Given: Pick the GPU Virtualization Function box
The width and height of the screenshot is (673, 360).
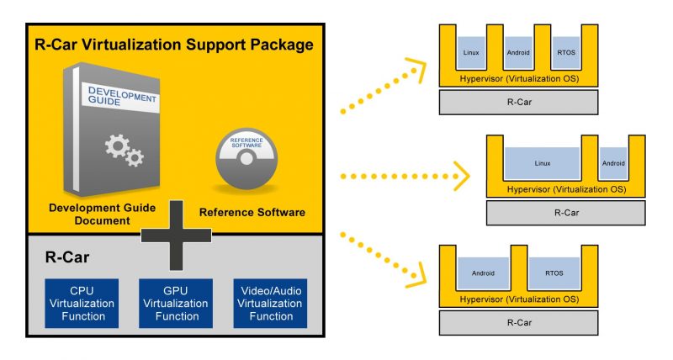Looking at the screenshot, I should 174,304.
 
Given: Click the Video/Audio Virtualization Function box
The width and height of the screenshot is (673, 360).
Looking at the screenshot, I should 270,304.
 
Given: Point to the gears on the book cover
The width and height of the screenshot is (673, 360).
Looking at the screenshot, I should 123,151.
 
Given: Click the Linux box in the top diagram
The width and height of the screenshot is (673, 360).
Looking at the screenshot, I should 471,52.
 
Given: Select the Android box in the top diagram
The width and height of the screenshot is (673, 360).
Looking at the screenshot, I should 518,52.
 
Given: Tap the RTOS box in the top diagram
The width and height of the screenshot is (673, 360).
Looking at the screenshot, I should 564,52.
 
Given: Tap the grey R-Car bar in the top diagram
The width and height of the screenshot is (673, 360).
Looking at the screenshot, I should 518,102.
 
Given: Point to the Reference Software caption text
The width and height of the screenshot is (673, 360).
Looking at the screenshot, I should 252,213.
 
